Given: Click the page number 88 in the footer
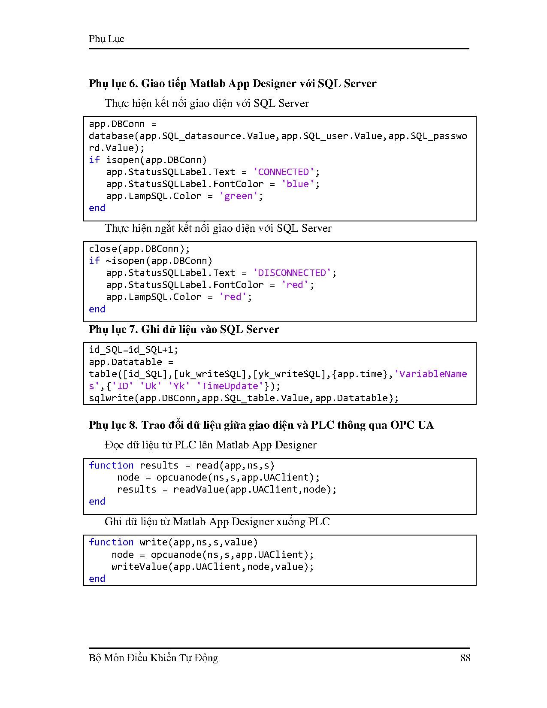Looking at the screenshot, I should click(465, 658).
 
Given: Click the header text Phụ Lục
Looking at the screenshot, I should click(106, 39).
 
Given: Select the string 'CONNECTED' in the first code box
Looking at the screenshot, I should click(284, 172).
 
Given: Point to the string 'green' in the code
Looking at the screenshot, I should click(239, 196).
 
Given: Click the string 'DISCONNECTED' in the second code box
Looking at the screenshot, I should click(292, 273).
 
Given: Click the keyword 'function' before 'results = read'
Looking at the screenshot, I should click(111, 466).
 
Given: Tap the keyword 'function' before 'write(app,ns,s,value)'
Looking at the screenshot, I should click(111, 542).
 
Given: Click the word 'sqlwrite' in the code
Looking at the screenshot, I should click(112, 398).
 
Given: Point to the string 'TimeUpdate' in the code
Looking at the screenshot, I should click(230, 386).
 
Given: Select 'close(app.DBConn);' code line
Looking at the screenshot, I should click(139, 249).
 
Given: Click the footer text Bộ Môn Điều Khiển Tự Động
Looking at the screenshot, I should click(153, 658).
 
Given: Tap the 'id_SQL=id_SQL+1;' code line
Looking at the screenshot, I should click(133, 350).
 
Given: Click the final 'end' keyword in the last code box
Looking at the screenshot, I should click(97, 579).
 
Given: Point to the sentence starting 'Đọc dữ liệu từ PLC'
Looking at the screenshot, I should click(210, 445).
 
